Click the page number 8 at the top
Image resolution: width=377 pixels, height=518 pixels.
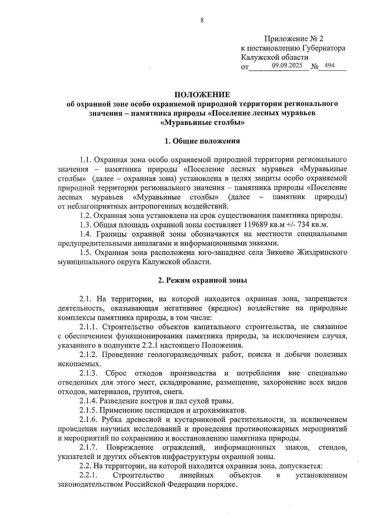202,20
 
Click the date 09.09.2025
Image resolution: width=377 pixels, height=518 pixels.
287,65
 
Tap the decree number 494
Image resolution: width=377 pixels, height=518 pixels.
329,65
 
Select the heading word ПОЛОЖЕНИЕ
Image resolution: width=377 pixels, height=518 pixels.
202,94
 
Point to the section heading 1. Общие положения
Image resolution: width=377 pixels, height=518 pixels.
202,141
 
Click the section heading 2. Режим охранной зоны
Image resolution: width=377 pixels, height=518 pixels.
202,280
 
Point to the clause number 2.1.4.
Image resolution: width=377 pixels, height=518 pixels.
89,401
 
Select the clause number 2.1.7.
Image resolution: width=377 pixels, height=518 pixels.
89,447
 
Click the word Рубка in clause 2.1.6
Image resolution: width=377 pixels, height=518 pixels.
111,420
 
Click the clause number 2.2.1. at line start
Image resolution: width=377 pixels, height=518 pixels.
89,475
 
